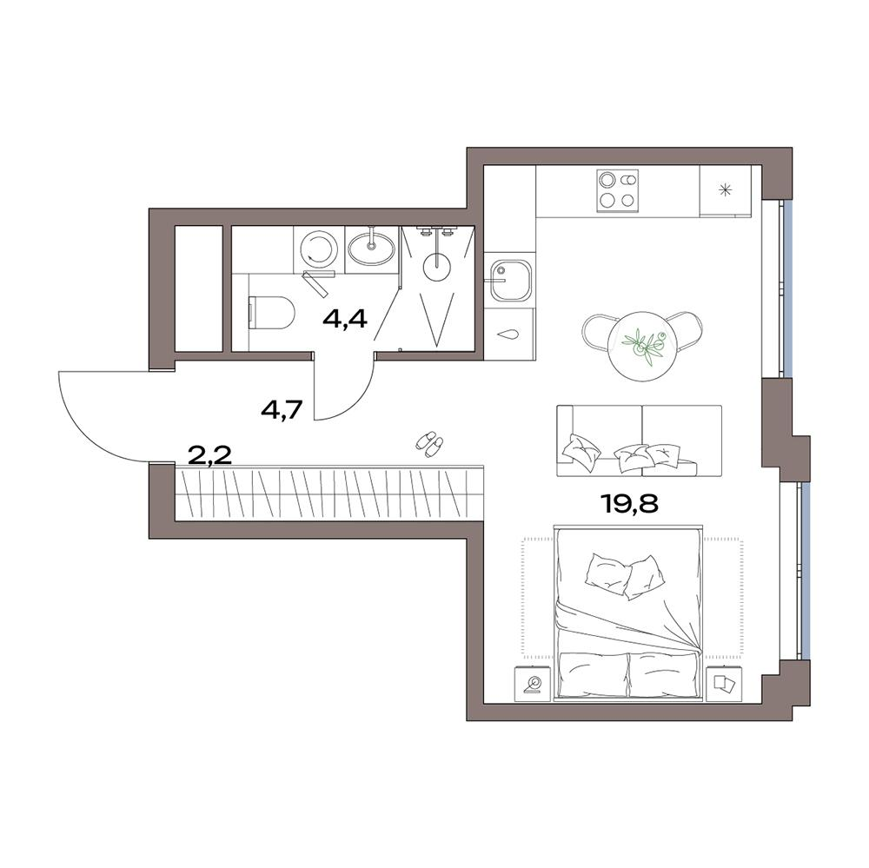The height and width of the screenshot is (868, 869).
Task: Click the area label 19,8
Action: (x=629, y=504)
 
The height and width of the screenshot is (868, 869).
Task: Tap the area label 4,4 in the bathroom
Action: (x=345, y=319)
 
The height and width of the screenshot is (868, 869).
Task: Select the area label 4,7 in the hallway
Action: (x=282, y=410)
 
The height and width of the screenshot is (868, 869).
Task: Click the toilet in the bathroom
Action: (x=271, y=313)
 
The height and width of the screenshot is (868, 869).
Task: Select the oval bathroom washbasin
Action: (x=372, y=248)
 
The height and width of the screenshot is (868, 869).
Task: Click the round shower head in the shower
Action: (x=437, y=268)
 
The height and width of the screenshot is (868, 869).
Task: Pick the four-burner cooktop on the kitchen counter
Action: (x=617, y=190)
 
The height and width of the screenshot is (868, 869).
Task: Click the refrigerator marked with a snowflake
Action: (x=725, y=190)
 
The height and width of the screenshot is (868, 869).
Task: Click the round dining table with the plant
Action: (x=643, y=347)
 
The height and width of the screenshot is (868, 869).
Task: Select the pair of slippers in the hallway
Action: (x=430, y=444)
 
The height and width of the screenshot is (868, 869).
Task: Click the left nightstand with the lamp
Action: (x=534, y=683)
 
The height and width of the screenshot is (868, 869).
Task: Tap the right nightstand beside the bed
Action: (x=725, y=683)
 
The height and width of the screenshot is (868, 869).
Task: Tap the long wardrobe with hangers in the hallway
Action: (x=329, y=493)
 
